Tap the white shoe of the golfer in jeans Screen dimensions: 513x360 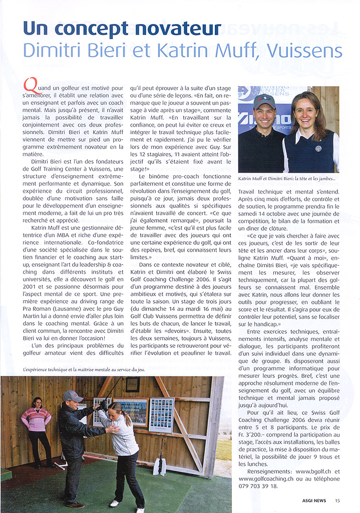[116, 503]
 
